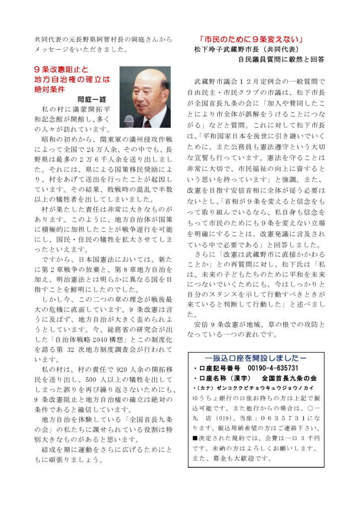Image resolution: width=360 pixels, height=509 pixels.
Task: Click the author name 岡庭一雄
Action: click(x=91, y=99)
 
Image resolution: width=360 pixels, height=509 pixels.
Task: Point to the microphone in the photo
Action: click(x=129, y=120)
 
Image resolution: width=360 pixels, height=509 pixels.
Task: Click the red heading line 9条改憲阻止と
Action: click(x=61, y=70)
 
